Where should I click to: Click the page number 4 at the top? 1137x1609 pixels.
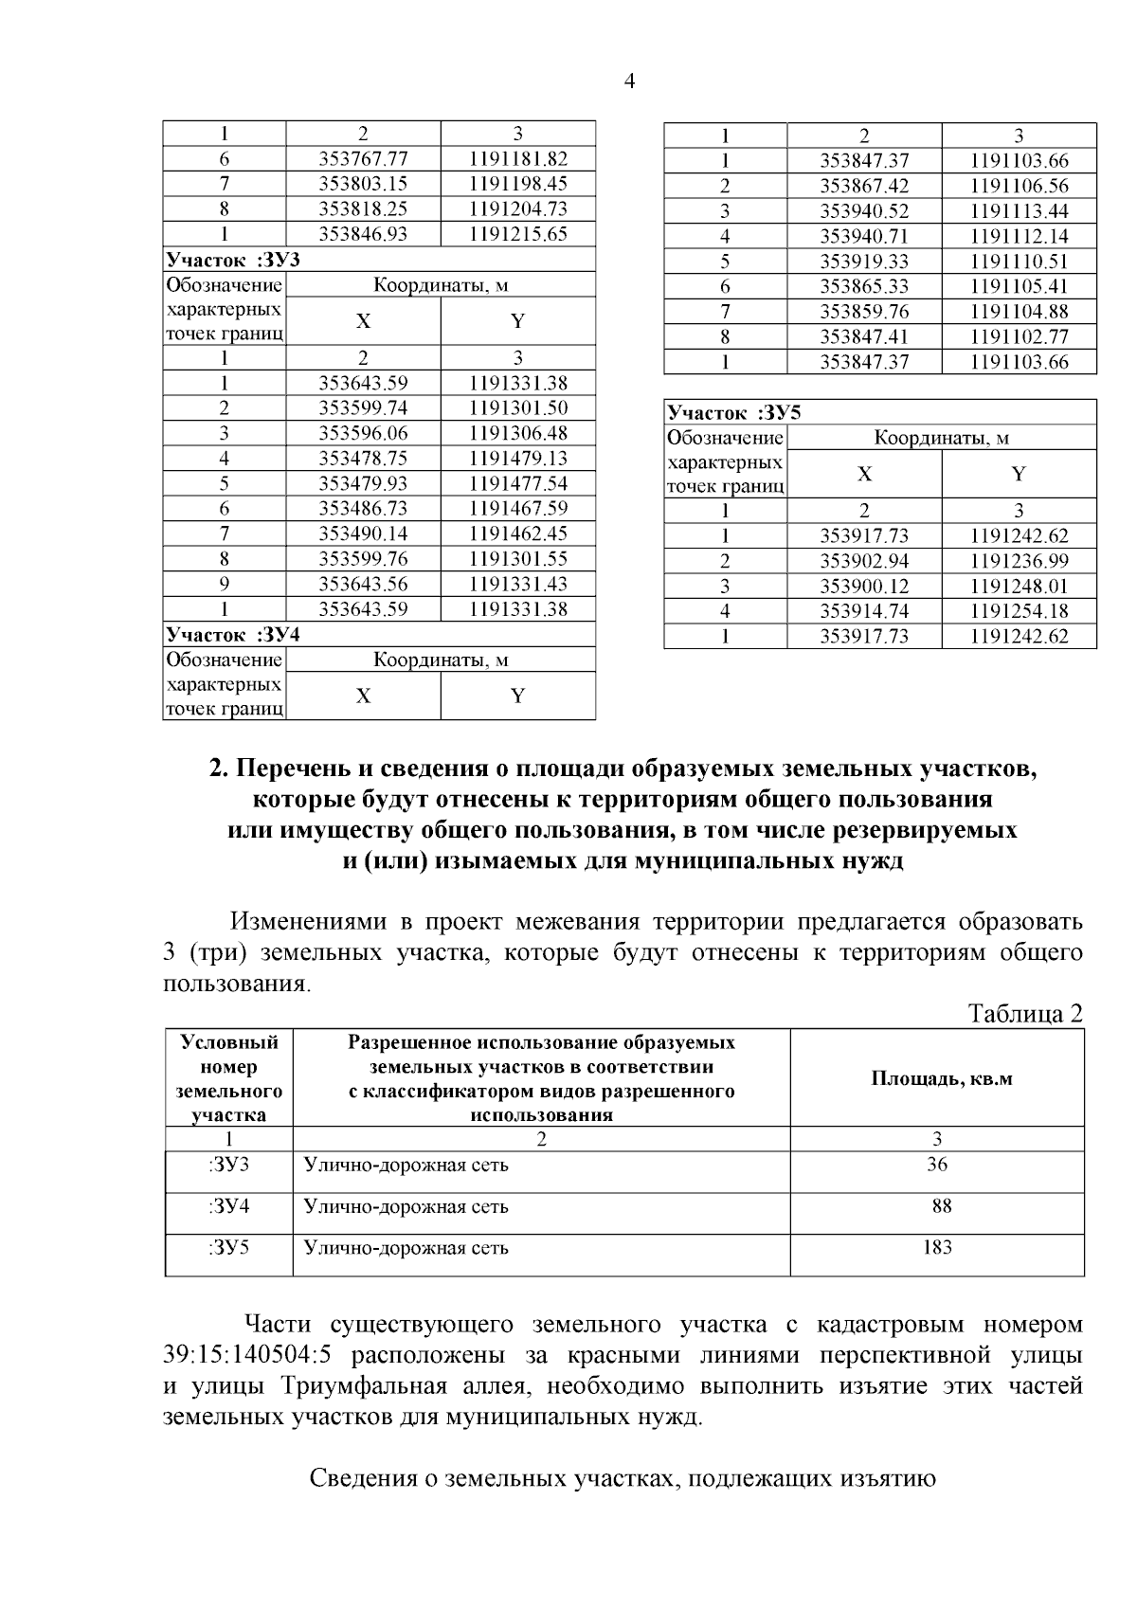tap(630, 81)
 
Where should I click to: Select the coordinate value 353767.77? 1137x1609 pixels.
tap(363, 158)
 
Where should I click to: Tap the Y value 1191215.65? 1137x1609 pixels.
tap(518, 233)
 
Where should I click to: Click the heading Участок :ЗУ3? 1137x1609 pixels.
tap(233, 260)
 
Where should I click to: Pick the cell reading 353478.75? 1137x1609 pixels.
tap(363, 458)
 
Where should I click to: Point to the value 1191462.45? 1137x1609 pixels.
tap(518, 533)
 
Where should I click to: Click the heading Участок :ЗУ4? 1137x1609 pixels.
tap(233, 634)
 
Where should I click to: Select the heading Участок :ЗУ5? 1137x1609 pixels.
tap(733, 412)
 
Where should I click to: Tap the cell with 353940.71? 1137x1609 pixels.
tap(863, 236)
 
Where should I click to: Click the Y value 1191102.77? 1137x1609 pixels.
tap(1019, 336)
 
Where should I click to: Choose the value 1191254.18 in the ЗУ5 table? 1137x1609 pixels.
tap(1019, 611)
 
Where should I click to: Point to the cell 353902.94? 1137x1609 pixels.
tap(863, 561)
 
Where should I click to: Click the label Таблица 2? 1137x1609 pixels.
tap(1025, 1014)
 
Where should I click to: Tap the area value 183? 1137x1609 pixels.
tap(937, 1247)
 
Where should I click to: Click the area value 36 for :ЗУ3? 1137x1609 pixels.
tap(937, 1165)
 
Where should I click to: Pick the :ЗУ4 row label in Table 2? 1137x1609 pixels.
tap(228, 1206)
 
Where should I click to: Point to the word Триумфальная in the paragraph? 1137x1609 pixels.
tap(363, 1385)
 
